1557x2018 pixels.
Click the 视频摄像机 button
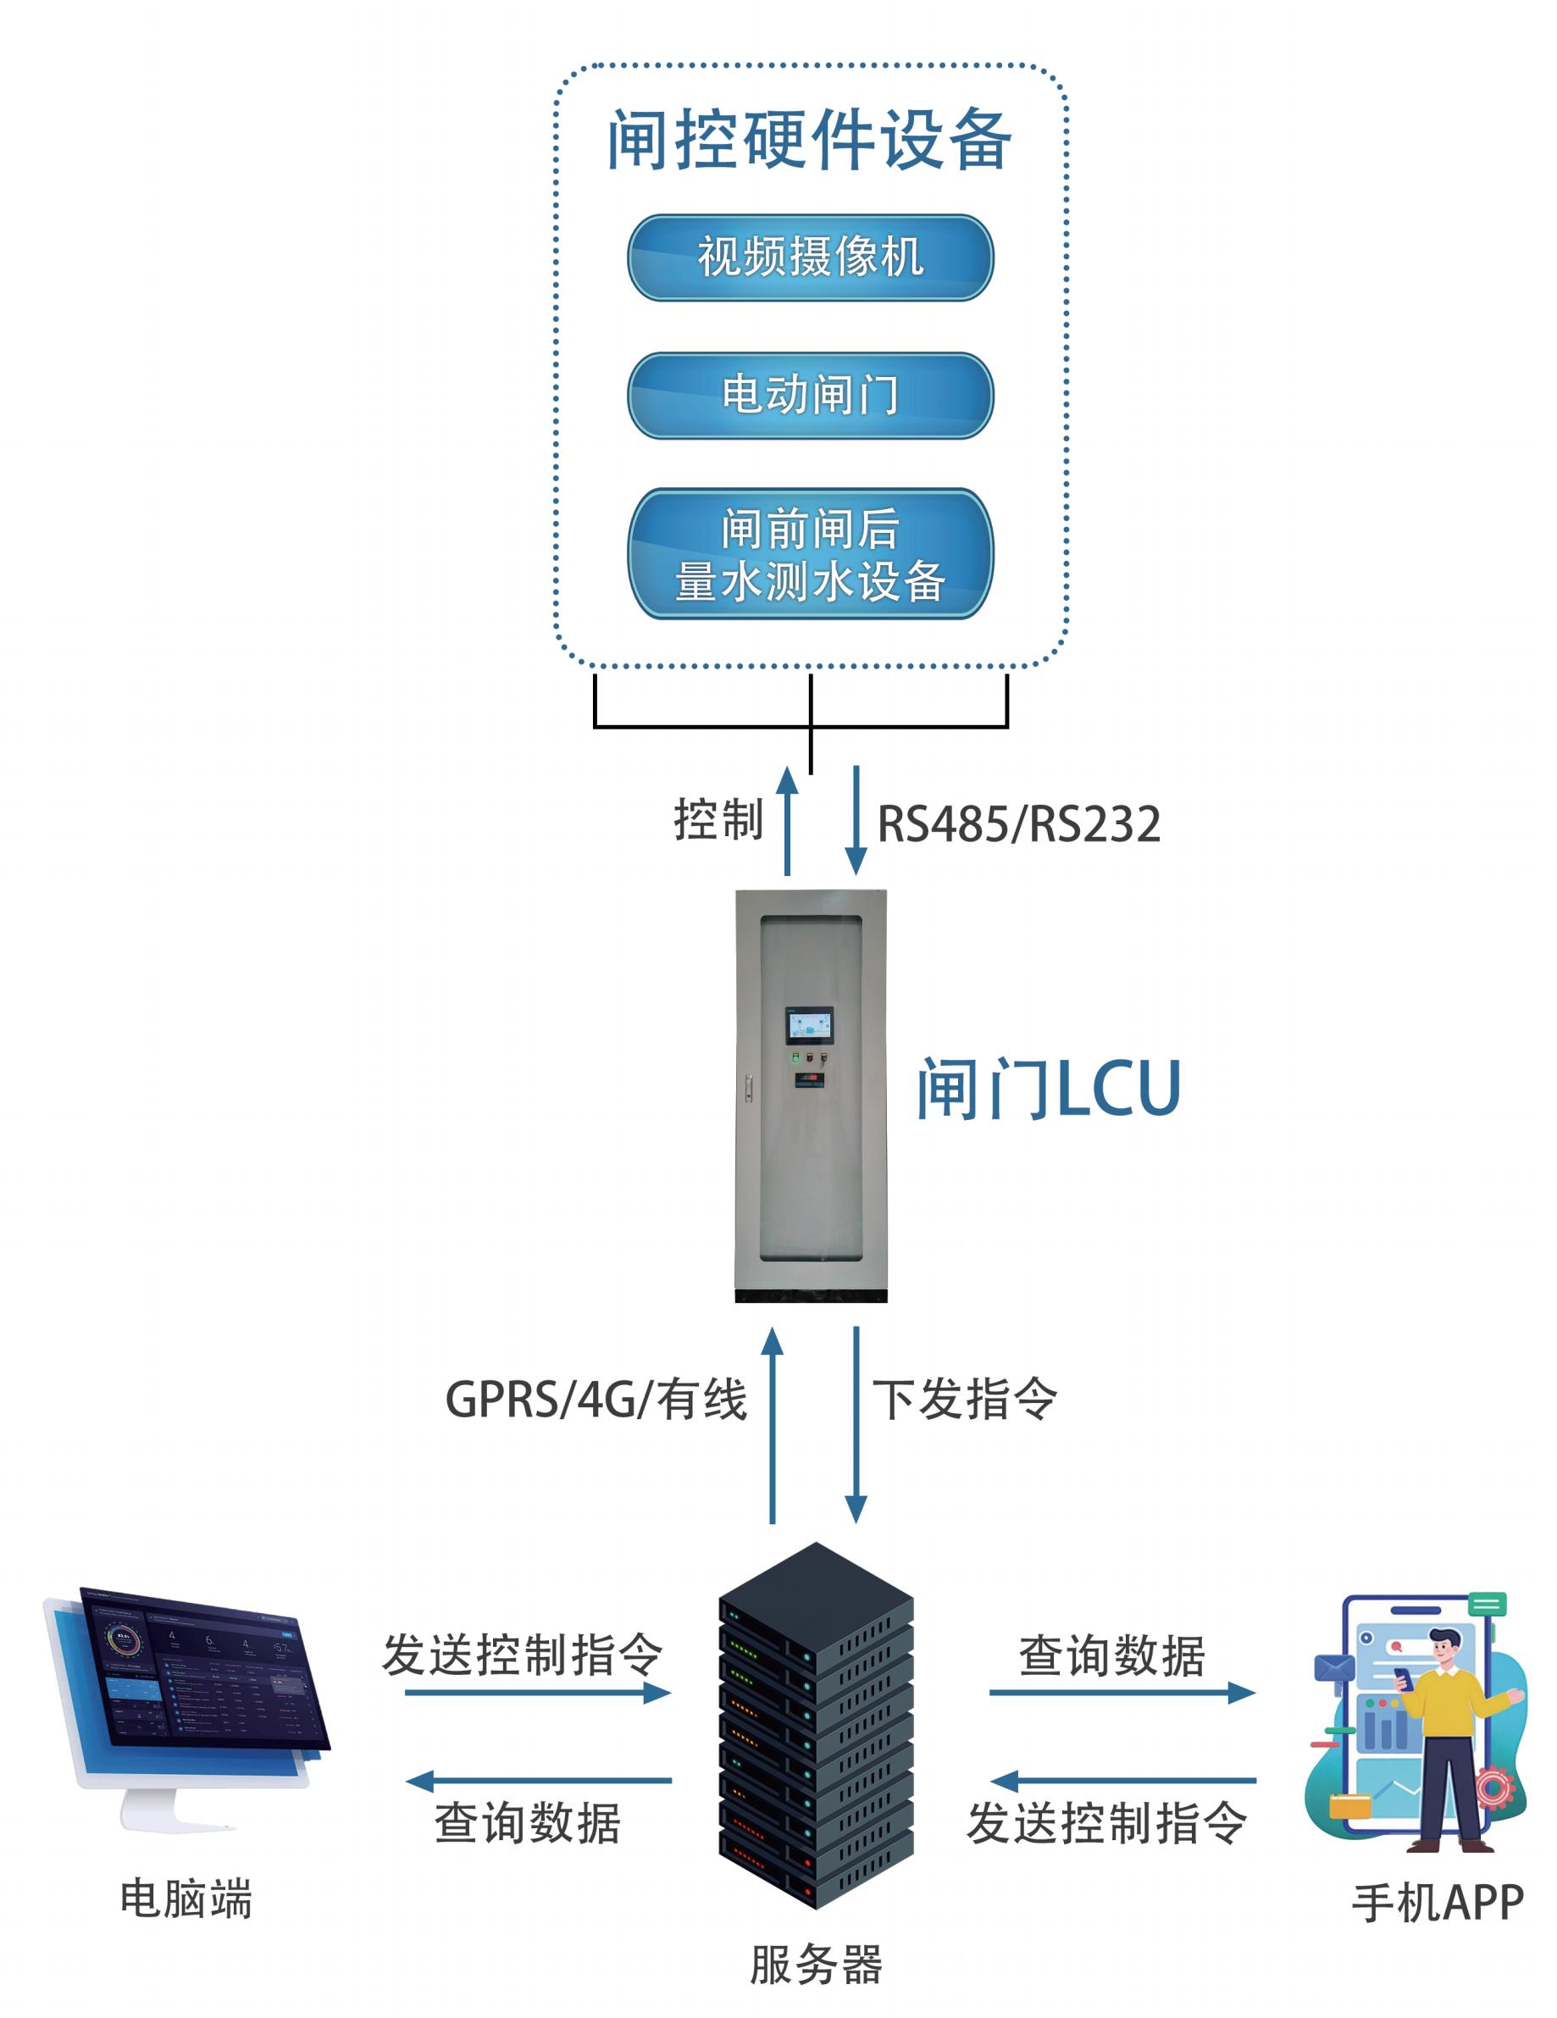click(810, 257)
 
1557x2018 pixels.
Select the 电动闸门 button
click(810, 395)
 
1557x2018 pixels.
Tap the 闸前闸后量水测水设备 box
click(810, 553)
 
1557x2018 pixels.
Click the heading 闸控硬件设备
click(810, 140)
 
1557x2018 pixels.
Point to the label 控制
click(718, 819)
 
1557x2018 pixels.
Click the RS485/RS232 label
click(1017, 823)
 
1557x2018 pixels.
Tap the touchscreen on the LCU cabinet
click(810, 1027)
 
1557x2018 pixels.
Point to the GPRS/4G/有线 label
click(596, 1399)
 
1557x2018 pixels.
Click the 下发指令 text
click(965, 1399)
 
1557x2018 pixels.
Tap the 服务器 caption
click(815, 1965)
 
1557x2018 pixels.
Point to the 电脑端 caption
click(186, 1899)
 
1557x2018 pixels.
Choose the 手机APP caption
click(1437, 1904)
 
